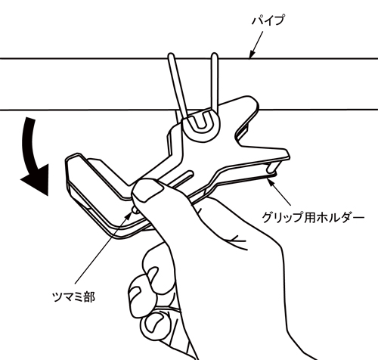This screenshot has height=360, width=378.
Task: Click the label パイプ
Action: point(268,20)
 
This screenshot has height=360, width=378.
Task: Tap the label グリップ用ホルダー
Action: point(313,217)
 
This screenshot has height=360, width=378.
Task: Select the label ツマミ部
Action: point(73,296)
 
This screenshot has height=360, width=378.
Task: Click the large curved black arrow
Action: point(33,157)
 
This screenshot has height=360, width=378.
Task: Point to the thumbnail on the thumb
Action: point(148,192)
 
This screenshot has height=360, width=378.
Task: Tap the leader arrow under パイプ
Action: point(256,45)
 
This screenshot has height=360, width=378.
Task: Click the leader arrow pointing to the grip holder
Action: point(279,191)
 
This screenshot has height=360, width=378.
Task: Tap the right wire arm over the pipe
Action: point(215,83)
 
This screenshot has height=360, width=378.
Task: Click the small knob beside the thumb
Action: point(135,210)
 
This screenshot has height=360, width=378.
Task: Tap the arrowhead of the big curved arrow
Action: point(36,180)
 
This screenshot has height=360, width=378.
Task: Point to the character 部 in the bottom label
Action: point(89,296)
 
